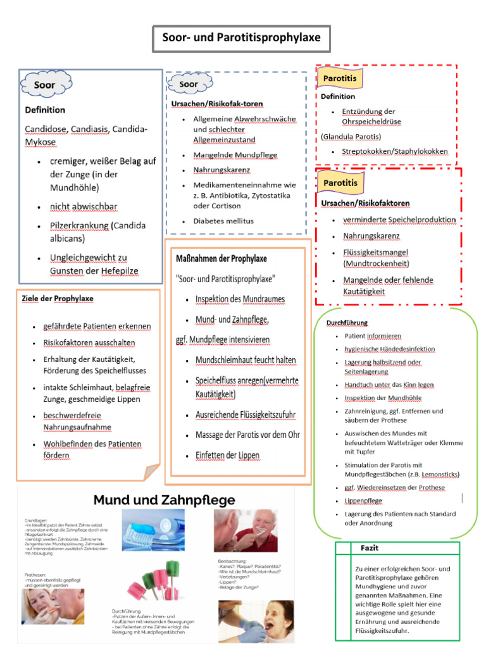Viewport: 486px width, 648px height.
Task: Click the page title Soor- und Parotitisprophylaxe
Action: (x=241, y=38)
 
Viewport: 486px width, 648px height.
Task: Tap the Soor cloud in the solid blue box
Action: (x=45, y=85)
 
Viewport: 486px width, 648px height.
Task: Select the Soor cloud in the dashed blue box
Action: (x=188, y=84)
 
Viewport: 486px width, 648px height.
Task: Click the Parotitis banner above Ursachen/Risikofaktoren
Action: (x=340, y=183)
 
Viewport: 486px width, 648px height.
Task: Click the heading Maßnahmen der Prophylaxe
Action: (x=221, y=258)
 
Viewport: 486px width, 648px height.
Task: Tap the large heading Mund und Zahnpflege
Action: (x=164, y=500)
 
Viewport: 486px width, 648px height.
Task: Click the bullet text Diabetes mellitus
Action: (x=223, y=221)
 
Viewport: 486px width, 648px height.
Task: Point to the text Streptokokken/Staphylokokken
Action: (x=394, y=151)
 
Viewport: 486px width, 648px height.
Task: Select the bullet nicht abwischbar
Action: (x=84, y=206)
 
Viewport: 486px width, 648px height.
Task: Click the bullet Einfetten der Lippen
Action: (x=227, y=455)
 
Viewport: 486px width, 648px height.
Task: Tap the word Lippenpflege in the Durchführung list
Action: (x=363, y=501)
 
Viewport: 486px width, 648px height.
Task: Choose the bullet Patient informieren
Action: (x=373, y=336)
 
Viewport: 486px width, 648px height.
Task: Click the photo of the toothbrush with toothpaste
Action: (x=162, y=530)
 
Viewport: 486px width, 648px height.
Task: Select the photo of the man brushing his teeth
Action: (x=245, y=530)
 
